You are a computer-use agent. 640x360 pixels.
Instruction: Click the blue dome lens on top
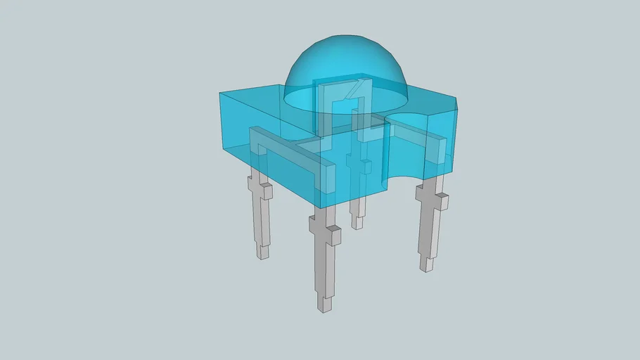[345, 60]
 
